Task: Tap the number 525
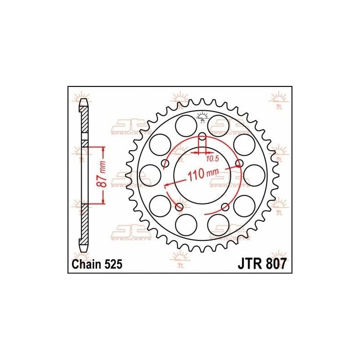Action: tap(113, 265)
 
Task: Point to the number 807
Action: tap(275, 265)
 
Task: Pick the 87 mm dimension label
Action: tap(103, 175)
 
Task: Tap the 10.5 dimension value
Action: tap(210, 158)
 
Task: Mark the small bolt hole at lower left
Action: tap(180, 207)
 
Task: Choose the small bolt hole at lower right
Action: tap(225, 207)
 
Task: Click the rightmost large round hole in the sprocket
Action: tap(255, 175)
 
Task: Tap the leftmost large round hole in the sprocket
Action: tap(149, 175)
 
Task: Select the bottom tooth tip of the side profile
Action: tap(84, 249)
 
